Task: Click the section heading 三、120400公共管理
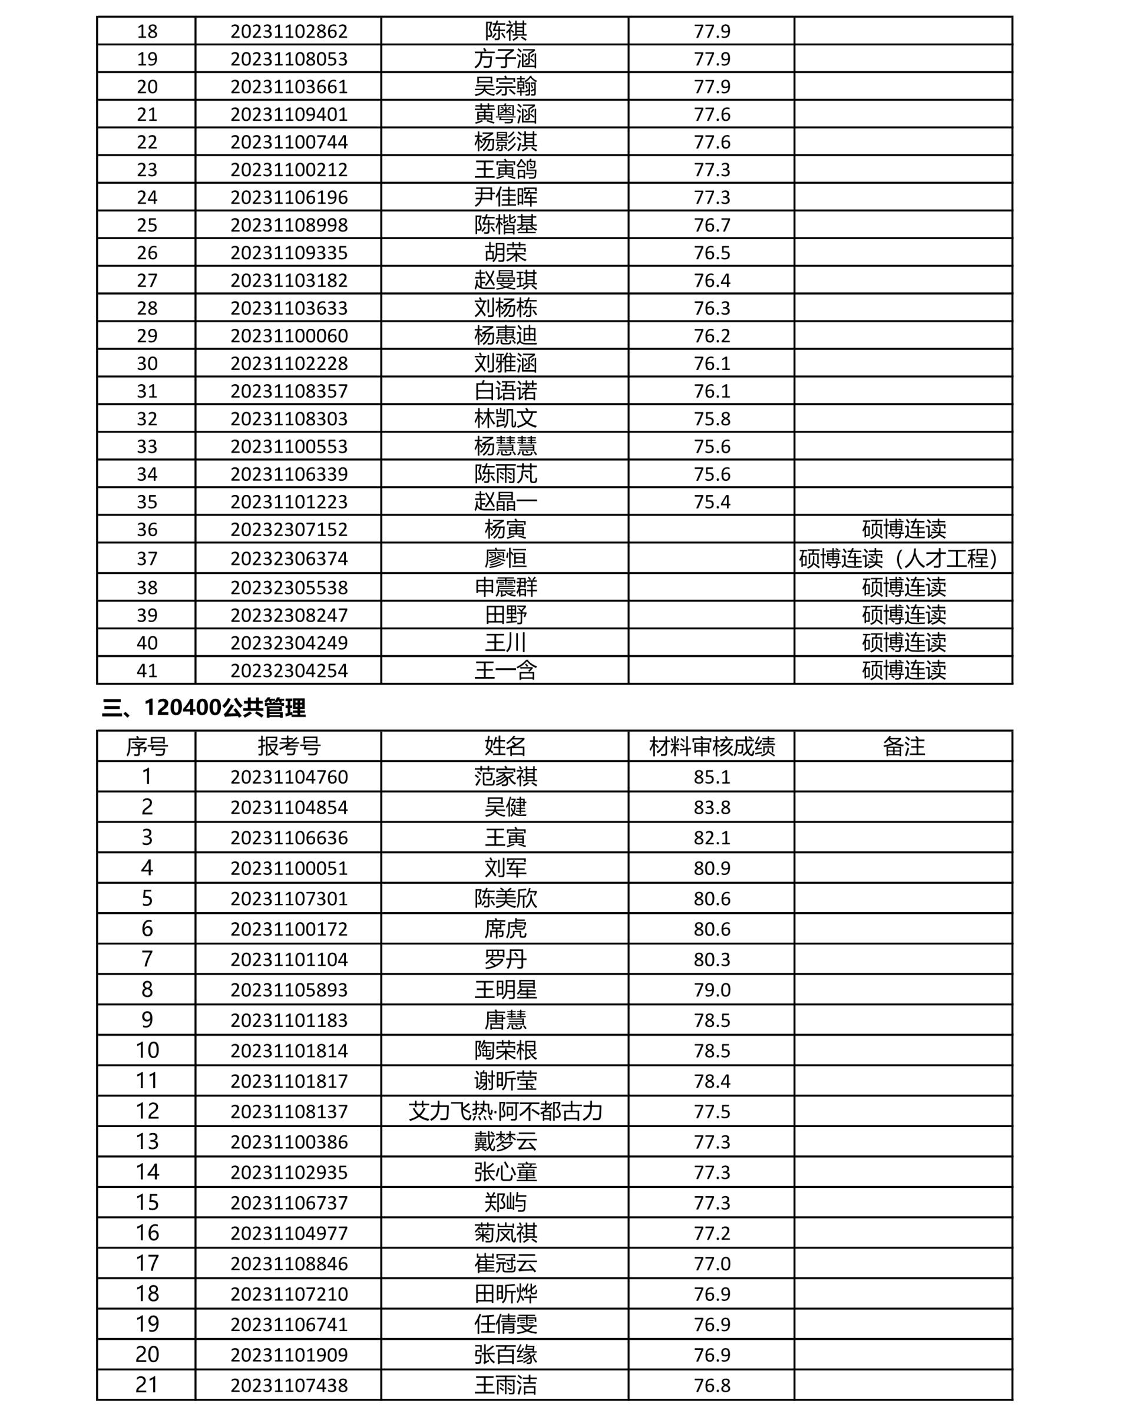coord(204,708)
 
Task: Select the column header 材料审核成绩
coord(712,746)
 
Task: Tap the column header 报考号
coord(288,746)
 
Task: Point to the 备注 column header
coord(904,746)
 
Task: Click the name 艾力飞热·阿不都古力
coord(505,1111)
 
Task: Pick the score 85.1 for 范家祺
coord(712,777)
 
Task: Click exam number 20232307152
coord(289,529)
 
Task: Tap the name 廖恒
coord(505,559)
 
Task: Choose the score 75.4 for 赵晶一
coord(712,501)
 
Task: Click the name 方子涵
coord(505,59)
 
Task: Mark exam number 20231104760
coord(289,777)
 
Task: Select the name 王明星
coord(505,990)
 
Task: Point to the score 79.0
coord(712,990)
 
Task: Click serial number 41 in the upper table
coord(147,670)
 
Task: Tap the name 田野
coord(505,615)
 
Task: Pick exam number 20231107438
coord(289,1385)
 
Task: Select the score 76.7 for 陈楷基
coord(712,224)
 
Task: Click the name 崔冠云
coord(505,1263)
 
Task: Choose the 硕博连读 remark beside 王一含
coord(904,670)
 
